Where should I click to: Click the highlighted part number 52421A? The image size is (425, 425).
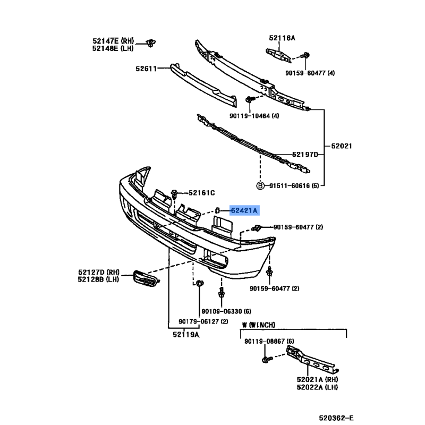[244, 210]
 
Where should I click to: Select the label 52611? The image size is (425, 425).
[147, 69]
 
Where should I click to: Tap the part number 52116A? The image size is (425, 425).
[282, 38]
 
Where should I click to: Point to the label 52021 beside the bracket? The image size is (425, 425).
[342, 146]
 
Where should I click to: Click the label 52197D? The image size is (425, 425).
[305, 155]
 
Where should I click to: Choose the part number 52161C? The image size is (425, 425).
[202, 193]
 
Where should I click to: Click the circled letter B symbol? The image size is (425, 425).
[260, 185]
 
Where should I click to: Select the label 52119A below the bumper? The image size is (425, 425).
[186, 335]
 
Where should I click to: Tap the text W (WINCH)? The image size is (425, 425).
[259, 325]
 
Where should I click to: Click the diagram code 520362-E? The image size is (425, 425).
[336, 418]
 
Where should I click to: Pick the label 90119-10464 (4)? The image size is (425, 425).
[254, 116]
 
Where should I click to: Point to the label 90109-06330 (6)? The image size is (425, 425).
[226, 311]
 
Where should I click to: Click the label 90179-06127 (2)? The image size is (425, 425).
[203, 321]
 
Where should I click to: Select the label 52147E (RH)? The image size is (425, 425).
[113, 41]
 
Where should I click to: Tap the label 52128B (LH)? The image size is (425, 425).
[98, 279]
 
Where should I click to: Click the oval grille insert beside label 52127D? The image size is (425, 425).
[146, 278]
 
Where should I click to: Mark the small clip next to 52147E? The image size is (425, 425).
[151, 43]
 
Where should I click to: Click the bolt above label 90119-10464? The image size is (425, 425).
[249, 99]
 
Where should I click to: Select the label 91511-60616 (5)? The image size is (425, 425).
[294, 186]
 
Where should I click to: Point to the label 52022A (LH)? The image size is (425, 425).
[317, 387]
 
